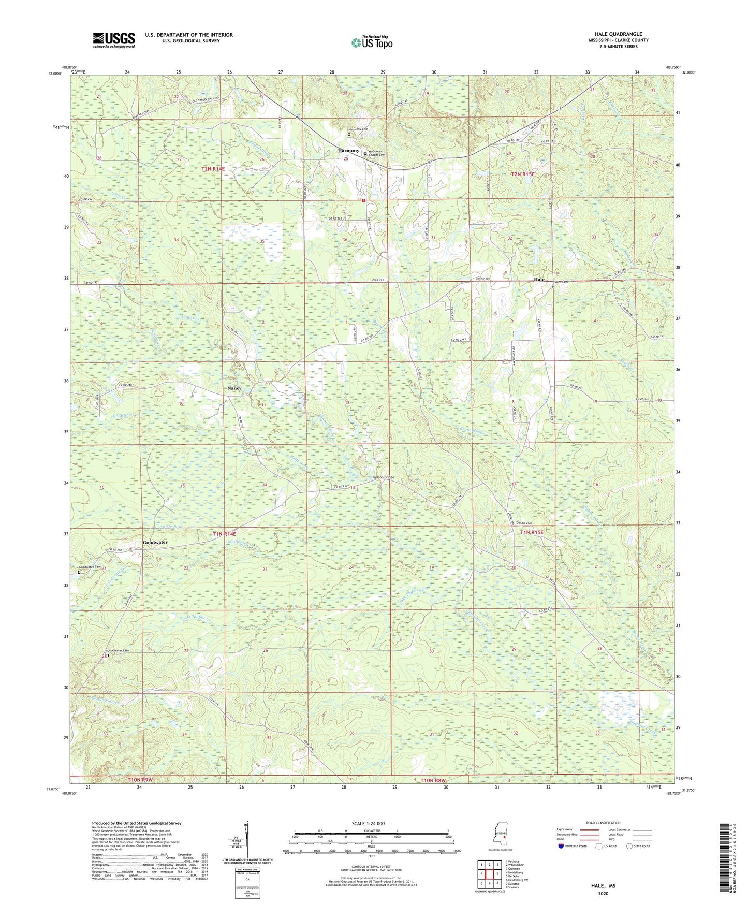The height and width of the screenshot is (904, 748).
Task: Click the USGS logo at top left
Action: [113, 39]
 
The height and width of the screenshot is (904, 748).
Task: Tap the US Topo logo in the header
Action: [372, 42]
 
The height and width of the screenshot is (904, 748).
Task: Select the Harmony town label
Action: [348, 151]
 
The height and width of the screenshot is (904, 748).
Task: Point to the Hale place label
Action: [539, 279]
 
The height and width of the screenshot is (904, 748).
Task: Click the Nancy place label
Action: [234, 388]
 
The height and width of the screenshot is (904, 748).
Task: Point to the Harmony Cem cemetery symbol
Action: [349, 134]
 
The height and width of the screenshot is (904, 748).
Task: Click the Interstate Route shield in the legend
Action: [562, 845]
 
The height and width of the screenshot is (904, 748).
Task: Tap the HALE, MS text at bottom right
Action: [603, 886]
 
